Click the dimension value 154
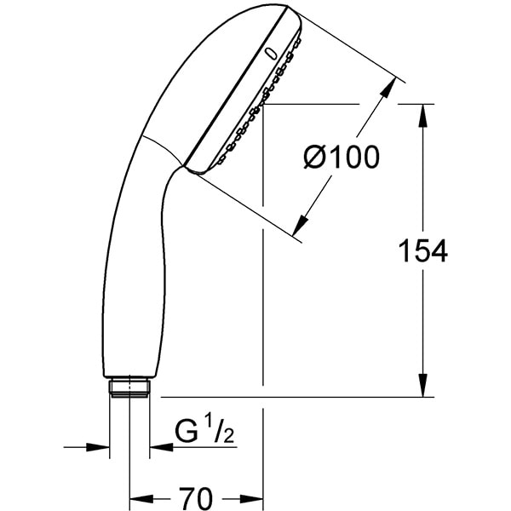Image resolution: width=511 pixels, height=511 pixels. coord(423,250)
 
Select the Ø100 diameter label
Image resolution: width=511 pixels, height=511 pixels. coord(341,158)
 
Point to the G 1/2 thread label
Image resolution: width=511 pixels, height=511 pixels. coord(205,433)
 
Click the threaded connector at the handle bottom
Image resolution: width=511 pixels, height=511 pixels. coord(130,388)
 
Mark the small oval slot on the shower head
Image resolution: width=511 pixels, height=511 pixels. coord(271,53)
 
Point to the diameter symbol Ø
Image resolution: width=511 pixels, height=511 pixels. coord(316,158)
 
